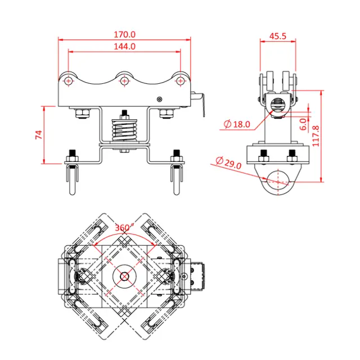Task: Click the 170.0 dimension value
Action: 124,34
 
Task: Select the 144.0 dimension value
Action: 124,46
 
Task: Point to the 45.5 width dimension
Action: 278,35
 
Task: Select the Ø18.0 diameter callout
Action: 236,124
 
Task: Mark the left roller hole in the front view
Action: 68,81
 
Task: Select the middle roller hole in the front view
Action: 124,81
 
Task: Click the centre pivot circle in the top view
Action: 124,276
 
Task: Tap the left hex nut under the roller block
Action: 82,113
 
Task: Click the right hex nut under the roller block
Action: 165,113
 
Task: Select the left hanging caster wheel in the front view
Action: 71,180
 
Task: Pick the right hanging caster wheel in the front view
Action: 176,180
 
